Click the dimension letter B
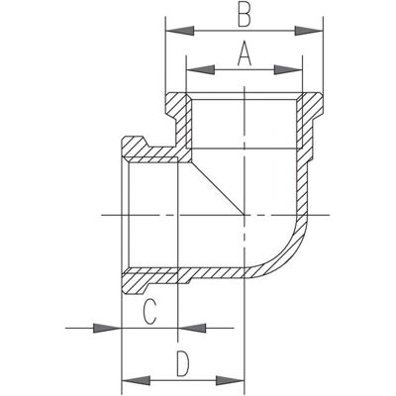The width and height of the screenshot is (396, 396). pyautogui.click(x=245, y=15)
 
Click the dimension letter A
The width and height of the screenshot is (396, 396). pyautogui.click(x=245, y=53)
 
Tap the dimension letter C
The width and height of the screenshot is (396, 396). pyautogui.click(x=149, y=312)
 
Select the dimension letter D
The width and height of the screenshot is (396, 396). pyautogui.click(x=183, y=364)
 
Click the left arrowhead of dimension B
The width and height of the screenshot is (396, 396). pyautogui.click(x=179, y=31)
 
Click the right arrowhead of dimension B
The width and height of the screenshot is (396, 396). pyautogui.click(x=309, y=31)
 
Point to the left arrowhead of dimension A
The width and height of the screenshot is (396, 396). pyautogui.click(x=201, y=69)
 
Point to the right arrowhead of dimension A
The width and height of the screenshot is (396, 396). pyautogui.click(x=288, y=69)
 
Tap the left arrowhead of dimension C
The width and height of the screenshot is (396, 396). pyautogui.click(x=107, y=328)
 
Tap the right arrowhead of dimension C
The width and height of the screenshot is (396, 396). pyautogui.click(x=193, y=328)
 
